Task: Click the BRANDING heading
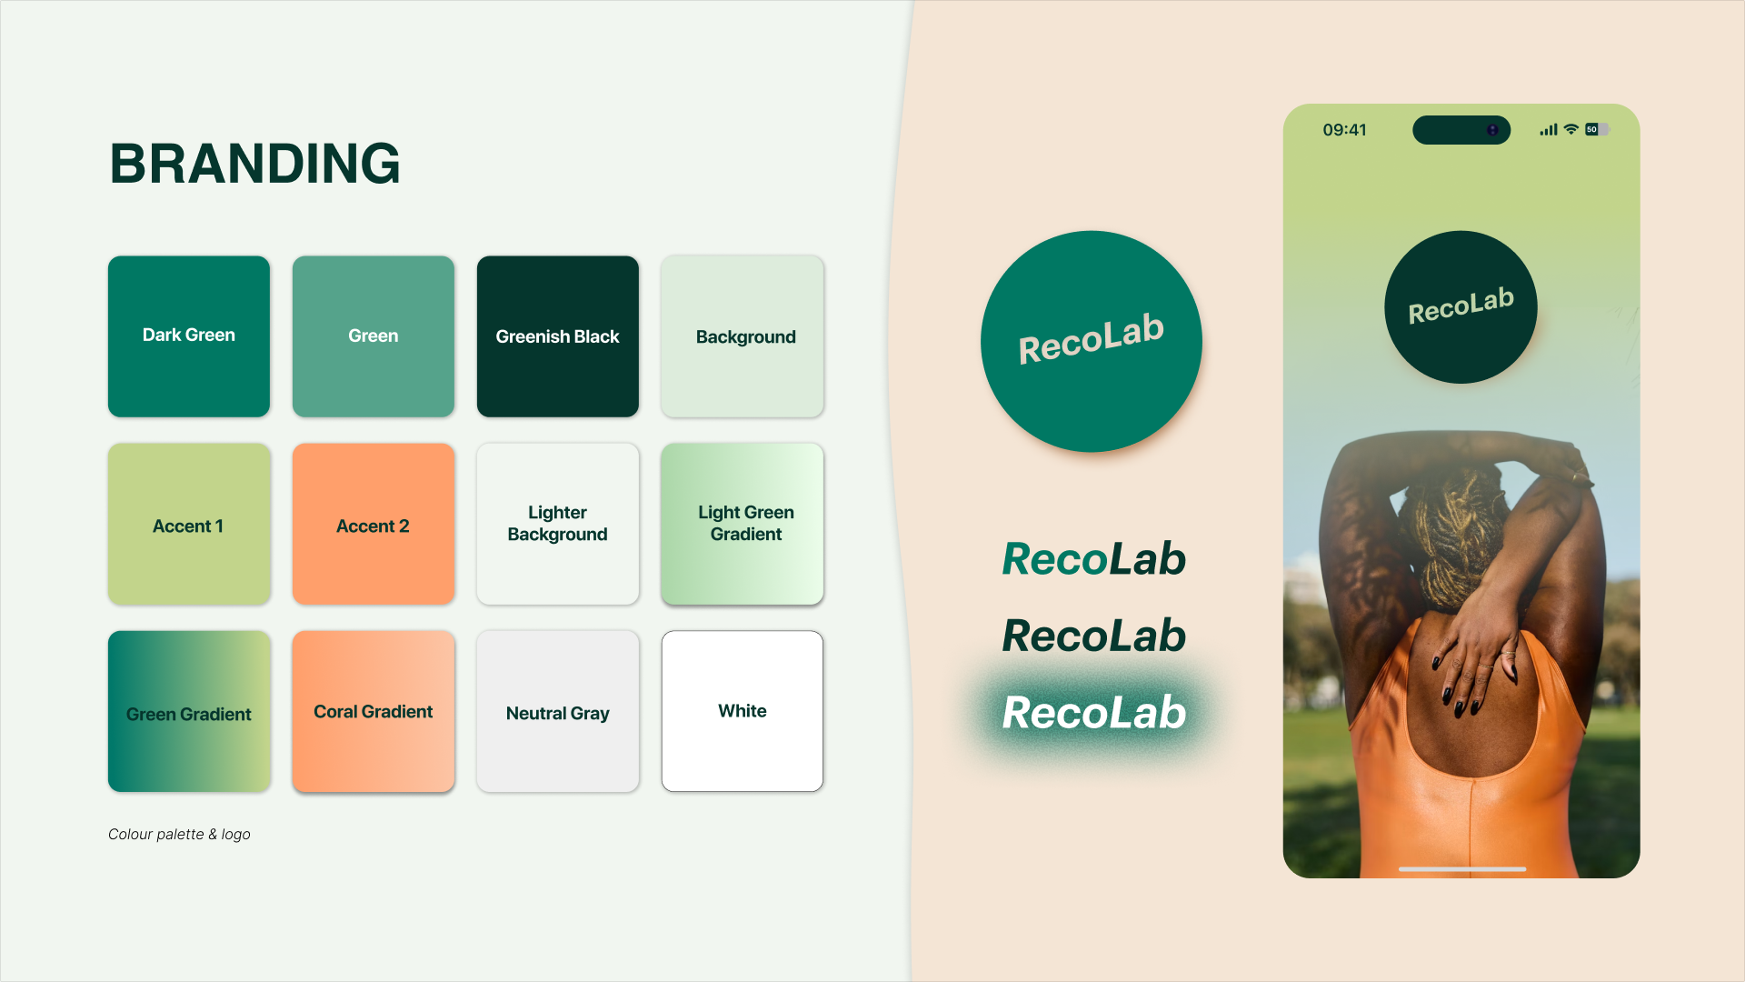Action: [x=254, y=164]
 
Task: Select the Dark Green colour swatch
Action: [x=189, y=336]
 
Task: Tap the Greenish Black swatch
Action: [x=557, y=336]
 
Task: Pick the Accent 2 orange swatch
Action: [x=373, y=524]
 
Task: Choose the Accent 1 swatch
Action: [x=189, y=524]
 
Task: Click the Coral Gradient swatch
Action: [x=373, y=711]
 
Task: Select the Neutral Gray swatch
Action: [x=557, y=711]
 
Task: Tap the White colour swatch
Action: [x=742, y=711]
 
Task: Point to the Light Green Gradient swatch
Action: [x=742, y=524]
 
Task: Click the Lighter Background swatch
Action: [x=557, y=524]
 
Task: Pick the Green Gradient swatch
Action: [x=189, y=711]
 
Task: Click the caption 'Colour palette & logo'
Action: [x=179, y=834]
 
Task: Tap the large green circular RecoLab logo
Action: [x=1091, y=341]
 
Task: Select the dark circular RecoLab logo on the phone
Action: [x=1461, y=306]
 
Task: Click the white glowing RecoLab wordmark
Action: [x=1093, y=713]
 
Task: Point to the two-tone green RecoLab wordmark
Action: [x=1093, y=558]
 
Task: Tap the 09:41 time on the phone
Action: [x=1344, y=130]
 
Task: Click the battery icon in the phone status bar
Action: [x=1596, y=129]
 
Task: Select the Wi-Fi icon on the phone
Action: [x=1570, y=129]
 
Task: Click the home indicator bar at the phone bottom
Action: [x=1461, y=869]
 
